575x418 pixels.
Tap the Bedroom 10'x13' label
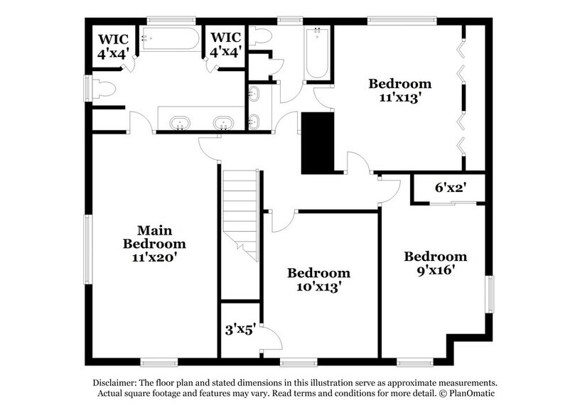(x=318, y=280)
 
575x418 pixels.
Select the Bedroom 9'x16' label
(x=436, y=263)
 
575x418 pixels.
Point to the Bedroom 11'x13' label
(x=399, y=90)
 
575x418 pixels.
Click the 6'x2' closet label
(x=450, y=189)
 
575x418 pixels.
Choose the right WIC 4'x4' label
(x=225, y=45)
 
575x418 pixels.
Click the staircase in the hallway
(x=240, y=213)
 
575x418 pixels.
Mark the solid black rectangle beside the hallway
(x=318, y=142)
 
